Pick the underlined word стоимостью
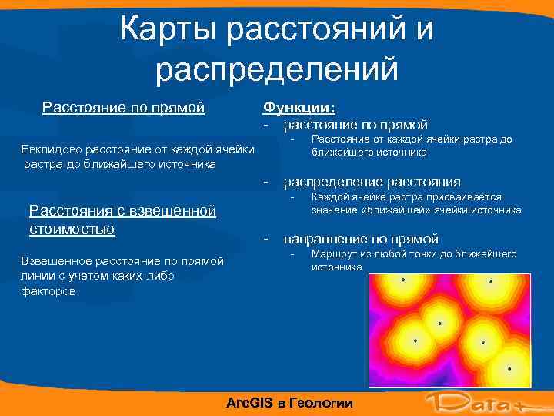[72, 229]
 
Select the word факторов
[52, 291]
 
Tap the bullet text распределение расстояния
[372, 183]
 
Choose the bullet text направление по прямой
[361, 239]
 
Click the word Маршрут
[332, 253]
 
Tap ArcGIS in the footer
[251, 403]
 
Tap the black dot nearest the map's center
[440, 324]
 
